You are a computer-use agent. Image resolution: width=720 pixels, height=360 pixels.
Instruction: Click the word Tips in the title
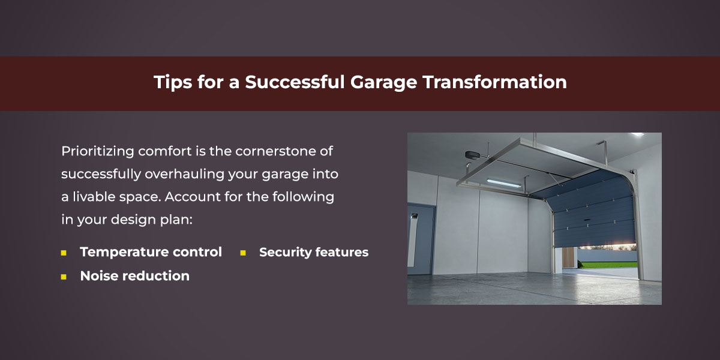172,82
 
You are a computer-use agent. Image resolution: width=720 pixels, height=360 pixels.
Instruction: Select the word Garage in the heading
383,83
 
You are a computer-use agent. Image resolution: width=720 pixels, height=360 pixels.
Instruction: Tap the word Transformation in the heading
494,82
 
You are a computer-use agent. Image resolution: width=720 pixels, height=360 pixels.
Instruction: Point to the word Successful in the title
295,82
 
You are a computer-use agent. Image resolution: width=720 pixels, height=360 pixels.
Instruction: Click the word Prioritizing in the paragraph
97,151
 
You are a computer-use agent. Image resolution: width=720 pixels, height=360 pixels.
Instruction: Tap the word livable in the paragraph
94,197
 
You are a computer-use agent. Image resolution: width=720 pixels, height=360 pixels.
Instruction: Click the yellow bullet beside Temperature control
64,253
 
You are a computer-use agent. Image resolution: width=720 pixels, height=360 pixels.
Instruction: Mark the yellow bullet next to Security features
243,253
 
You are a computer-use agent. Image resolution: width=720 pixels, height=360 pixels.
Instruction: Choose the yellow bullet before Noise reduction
64,277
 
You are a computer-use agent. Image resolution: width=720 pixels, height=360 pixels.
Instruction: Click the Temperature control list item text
151,252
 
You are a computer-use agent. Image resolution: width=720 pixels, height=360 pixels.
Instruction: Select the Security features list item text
314,253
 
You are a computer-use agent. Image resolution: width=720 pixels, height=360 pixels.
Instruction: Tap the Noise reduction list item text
134,276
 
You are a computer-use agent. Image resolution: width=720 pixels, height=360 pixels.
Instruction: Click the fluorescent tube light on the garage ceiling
503,183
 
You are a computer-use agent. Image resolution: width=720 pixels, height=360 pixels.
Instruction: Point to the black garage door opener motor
472,155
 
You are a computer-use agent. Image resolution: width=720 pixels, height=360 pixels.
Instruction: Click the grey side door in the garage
421,239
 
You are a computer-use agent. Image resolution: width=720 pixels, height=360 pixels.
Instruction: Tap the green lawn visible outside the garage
607,265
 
